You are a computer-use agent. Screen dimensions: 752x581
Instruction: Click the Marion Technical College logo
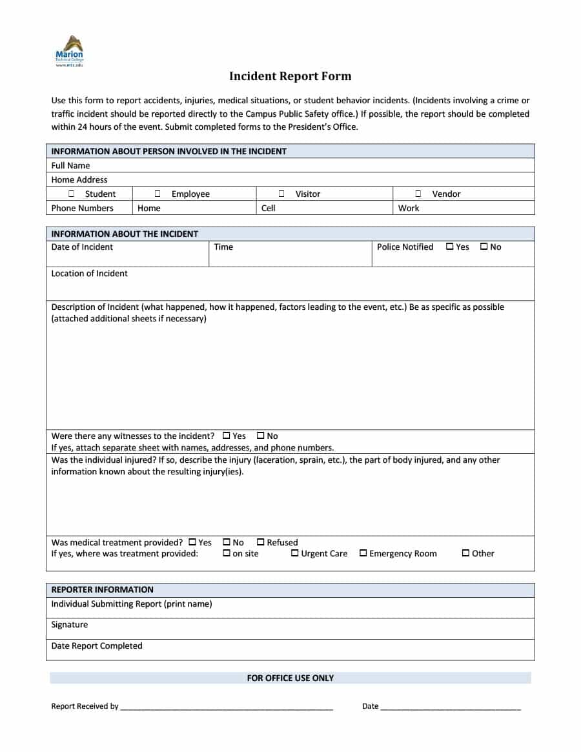pyautogui.click(x=69, y=51)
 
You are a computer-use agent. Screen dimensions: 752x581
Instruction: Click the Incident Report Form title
pyautogui.click(x=290, y=76)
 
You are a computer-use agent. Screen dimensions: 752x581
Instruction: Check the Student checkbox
pyautogui.click(x=71, y=194)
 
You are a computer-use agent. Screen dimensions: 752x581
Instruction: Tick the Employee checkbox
pyautogui.click(x=158, y=194)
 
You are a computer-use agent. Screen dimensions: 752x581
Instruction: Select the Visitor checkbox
pyautogui.click(x=281, y=194)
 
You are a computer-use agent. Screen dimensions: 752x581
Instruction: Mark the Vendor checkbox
pyautogui.click(x=418, y=194)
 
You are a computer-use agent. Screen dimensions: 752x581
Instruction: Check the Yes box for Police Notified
pyautogui.click(x=450, y=247)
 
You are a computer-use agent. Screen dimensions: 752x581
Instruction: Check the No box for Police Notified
pyautogui.click(x=484, y=247)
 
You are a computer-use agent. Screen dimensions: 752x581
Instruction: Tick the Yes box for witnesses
pyautogui.click(x=227, y=436)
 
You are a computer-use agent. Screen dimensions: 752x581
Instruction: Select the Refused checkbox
pyautogui.click(x=261, y=542)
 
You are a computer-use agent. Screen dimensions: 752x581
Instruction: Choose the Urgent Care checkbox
pyautogui.click(x=295, y=553)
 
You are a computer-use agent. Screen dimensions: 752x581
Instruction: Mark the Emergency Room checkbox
pyautogui.click(x=363, y=553)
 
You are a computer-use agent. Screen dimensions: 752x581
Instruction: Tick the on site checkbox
pyautogui.click(x=227, y=553)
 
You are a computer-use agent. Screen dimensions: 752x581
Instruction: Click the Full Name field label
pyautogui.click(x=70, y=165)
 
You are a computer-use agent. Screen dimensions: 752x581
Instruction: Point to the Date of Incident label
pyautogui.click(x=82, y=247)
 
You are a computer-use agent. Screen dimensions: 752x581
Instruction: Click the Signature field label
pyautogui.click(x=69, y=624)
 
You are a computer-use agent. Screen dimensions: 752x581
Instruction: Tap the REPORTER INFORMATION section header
pyautogui.click(x=102, y=589)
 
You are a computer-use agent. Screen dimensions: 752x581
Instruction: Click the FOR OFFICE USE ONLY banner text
pyautogui.click(x=290, y=678)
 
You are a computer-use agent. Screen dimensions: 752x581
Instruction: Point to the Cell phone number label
pyautogui.click(x=269, y=208)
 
